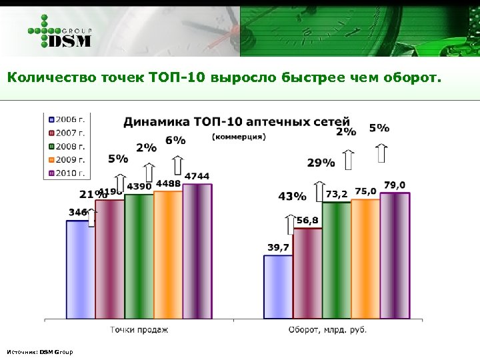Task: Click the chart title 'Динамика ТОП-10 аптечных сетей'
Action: pyautogui.click(x=237, y=121)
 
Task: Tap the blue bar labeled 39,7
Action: pyautogui.click(x=278, y=287)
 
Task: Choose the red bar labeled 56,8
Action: pyautogui.click(x=307, y=273)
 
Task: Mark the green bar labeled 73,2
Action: pyautogui.click(x=336, y=260)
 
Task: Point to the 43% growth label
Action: pyautogui.click(x=292, y=197)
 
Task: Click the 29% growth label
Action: pyautogui.click(x=321, y=162)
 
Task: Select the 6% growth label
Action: pyautogui.click(x=175, y=141)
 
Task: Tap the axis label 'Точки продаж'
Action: pyautogui.click(x=139, y=329)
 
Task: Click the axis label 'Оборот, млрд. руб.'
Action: pyautogui.click(x=327, y=329)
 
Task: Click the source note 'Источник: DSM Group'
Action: pyautogui.click(x=39, y=351)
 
